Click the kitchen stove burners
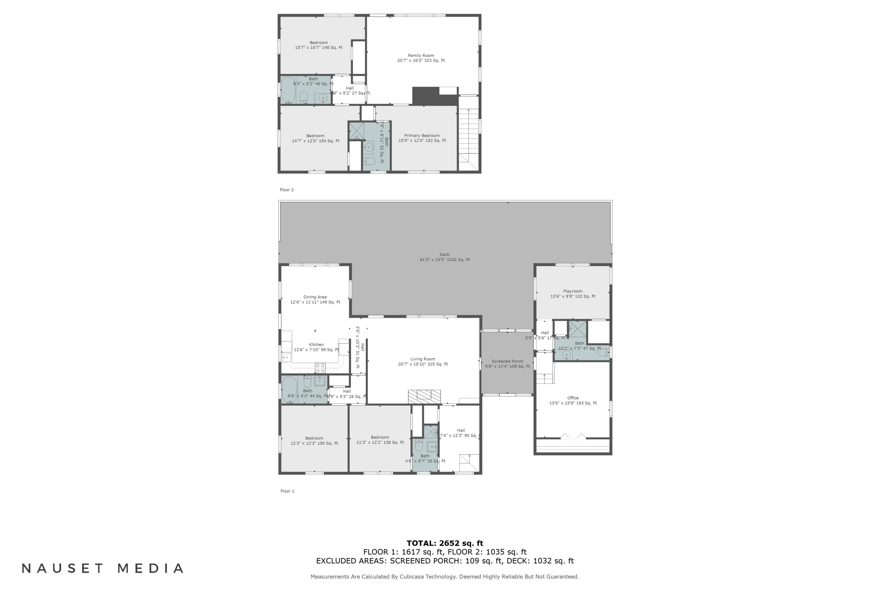point(320,368)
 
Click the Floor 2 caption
point(287,190)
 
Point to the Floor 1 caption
point(287,491)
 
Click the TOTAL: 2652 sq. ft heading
point(445,543)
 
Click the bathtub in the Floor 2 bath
point(288,90)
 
